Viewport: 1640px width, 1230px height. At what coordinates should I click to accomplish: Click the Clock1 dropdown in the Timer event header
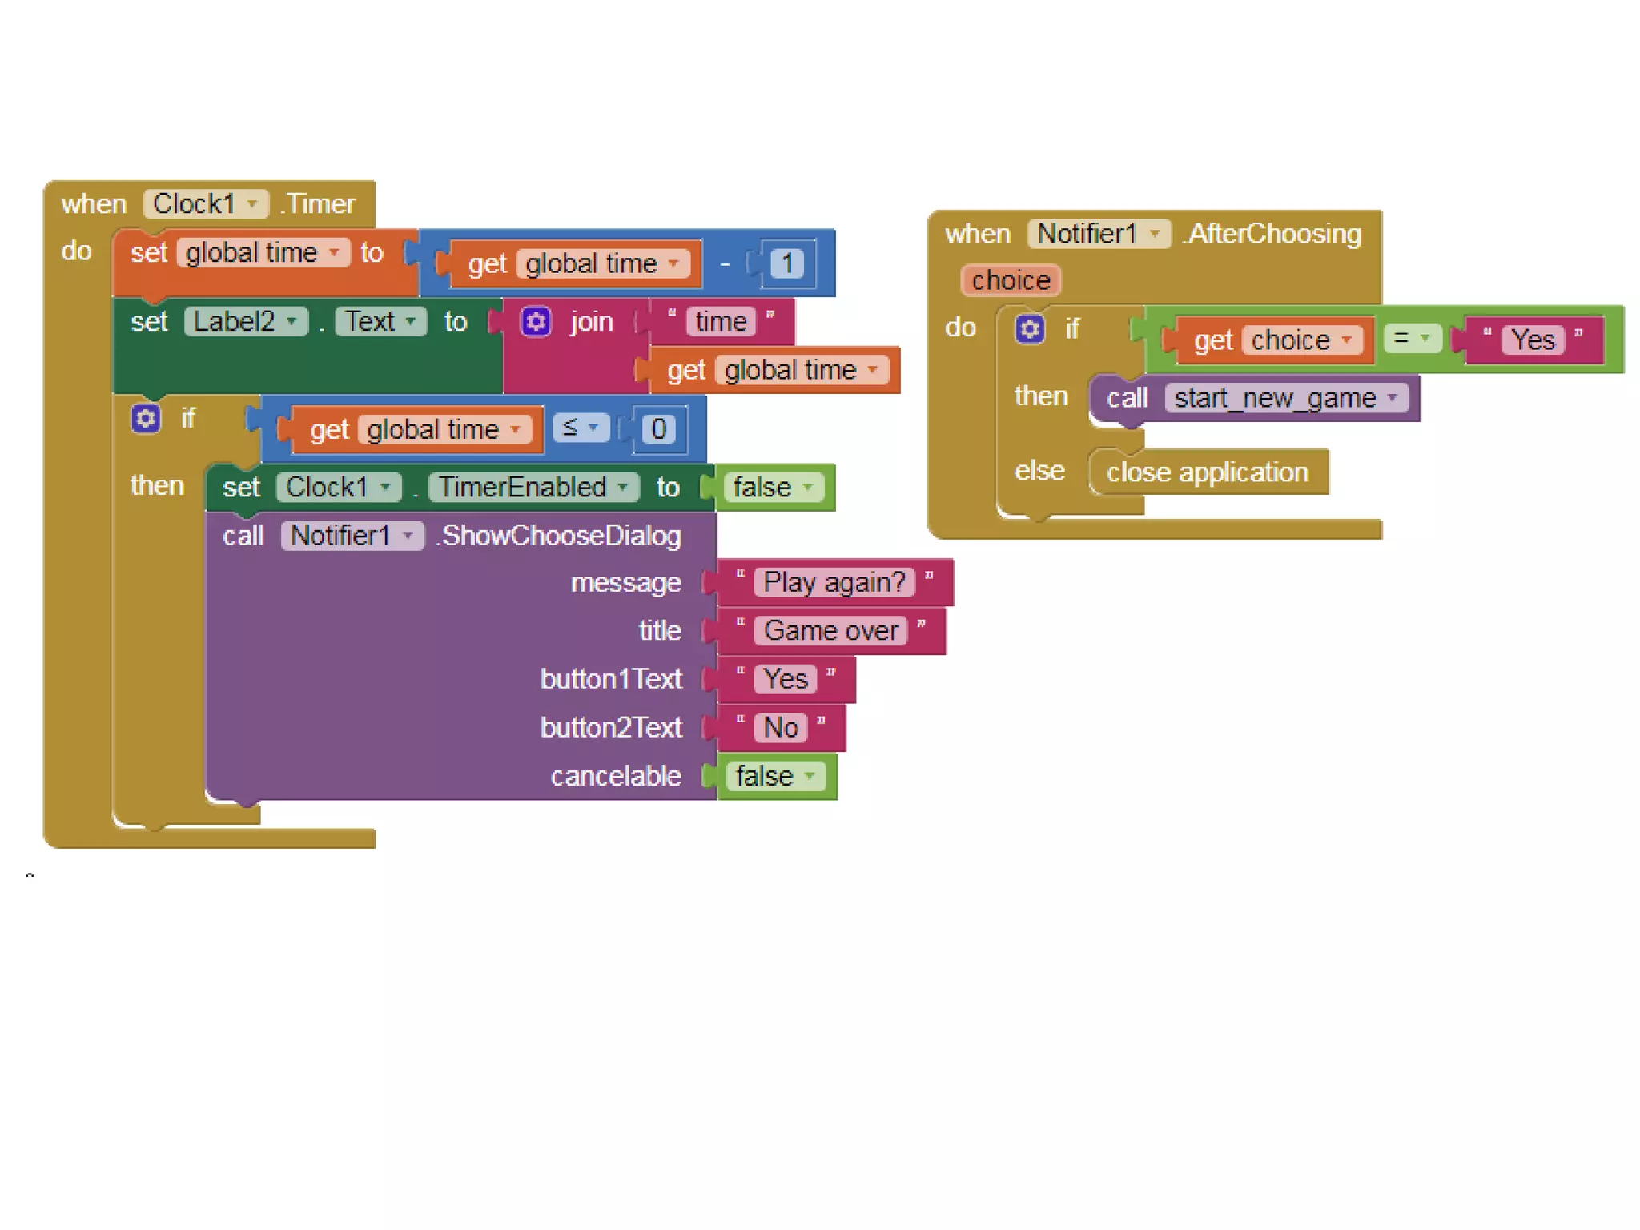coord(205,204)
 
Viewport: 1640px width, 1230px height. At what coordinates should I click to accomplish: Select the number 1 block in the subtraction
coord(786,263)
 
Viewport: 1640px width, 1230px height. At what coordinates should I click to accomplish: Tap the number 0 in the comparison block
coord(658,429)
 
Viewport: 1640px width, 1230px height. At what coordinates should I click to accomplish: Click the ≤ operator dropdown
coord(581,428)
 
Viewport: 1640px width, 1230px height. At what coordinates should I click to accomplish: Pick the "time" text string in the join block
coord(721,322)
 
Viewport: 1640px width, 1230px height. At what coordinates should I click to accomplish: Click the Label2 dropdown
coord(245,322)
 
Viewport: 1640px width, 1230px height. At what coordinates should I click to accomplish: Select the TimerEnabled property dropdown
coord(533,487)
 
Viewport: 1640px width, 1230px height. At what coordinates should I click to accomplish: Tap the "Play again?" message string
coord(834,582)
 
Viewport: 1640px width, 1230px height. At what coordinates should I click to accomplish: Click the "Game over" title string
coord(830,631)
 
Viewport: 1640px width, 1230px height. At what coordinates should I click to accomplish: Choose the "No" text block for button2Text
coord(781,728)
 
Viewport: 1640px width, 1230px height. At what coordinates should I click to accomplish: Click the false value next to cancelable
coord(774,776)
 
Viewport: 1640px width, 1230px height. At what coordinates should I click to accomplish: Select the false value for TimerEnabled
coord(773,487)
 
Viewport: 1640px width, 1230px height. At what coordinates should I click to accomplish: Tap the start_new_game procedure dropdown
coord(1285,398)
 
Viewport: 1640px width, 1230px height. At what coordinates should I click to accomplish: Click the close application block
coord(1207,472)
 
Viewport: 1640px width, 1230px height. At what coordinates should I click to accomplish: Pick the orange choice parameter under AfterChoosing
coord(1010,280)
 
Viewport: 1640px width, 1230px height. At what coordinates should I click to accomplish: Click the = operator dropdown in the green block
coord(1411,339)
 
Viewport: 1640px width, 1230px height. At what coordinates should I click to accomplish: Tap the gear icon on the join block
coord(536,322)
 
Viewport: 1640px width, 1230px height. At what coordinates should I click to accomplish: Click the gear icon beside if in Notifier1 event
coord(1029,328)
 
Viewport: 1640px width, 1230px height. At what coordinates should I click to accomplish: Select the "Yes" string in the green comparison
coord(1533,340)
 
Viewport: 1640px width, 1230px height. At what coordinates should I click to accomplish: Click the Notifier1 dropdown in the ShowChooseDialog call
coord(352,535)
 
